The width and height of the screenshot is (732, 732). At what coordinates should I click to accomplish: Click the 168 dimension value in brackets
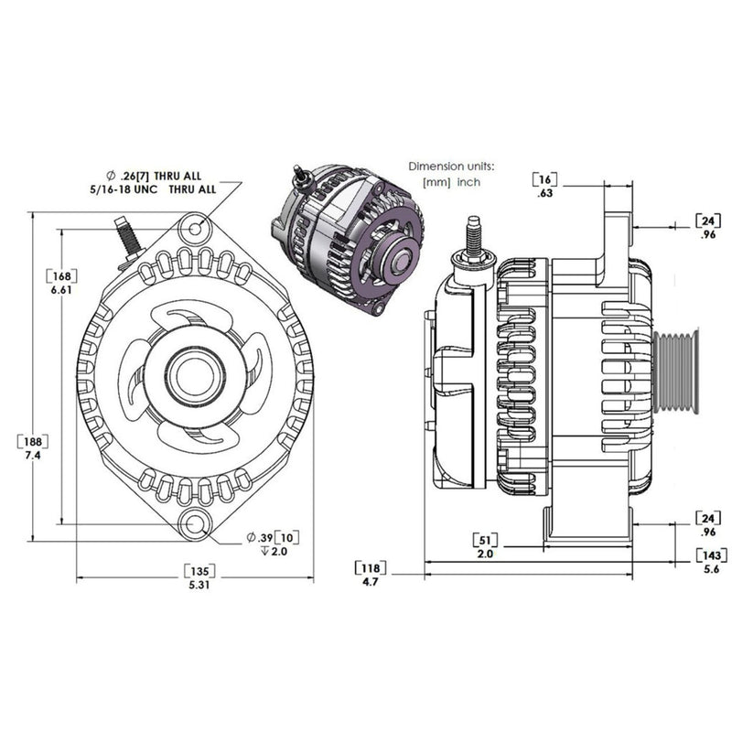(59, 275)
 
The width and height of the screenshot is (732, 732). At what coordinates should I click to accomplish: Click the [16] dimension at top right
(546, 178)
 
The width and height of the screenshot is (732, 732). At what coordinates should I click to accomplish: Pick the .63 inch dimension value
(546, 193)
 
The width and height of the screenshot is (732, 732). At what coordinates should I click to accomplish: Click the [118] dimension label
(370, 565)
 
